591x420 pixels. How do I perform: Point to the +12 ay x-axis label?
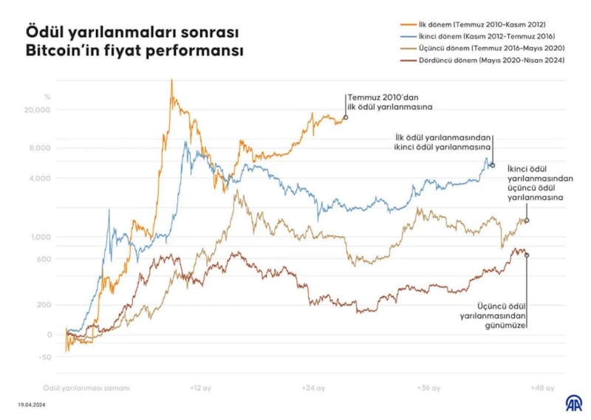click(200, 387)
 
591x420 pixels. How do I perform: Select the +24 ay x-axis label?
click(313, 387)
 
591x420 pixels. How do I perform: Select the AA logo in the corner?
click(573, 403)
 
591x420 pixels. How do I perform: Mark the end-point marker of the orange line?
click(346, 117)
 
